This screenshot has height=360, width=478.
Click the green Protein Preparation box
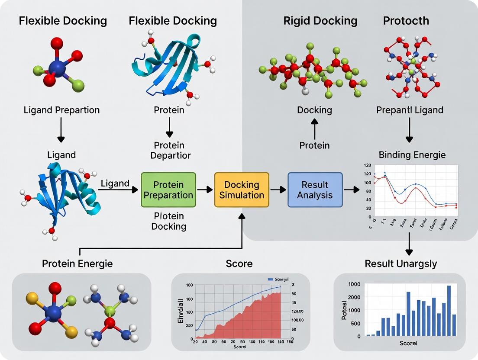click(168, 190)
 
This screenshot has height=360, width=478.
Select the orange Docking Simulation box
click(242, 190)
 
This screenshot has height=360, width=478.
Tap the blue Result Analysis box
click(315, 190)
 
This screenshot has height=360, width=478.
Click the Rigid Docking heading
click(320, 21)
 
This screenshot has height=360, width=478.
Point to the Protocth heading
click(406, 21)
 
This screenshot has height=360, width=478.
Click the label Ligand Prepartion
click(61, 110)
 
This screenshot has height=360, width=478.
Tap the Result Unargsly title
click(401, 264)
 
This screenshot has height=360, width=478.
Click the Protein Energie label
click(77, 264)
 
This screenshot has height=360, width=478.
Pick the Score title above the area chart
click(239, 264)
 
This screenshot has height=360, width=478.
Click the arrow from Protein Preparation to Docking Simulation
click(205, 190)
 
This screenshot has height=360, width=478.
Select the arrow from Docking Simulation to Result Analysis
click(278, 190)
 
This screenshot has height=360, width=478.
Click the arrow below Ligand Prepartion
click(61, 131)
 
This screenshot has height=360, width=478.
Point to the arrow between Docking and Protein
click(315, 129)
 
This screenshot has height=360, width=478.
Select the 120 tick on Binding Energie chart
click(368, 166)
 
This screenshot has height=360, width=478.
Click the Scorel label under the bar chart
click(409, 343)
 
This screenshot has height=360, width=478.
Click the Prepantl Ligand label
click(410, 110)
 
